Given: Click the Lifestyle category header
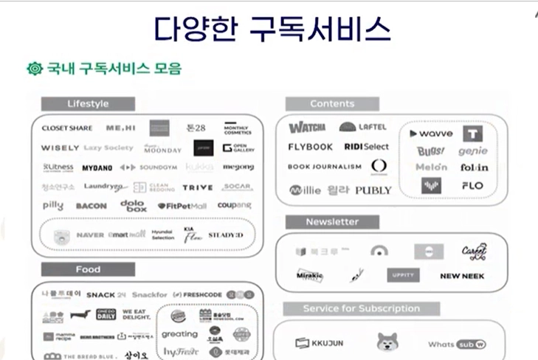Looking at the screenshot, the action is point(88,103).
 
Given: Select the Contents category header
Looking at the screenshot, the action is point(332,103).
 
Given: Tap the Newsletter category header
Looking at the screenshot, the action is point(332,221).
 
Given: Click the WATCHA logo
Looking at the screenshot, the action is point(308,128).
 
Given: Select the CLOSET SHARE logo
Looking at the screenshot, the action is point(66,128).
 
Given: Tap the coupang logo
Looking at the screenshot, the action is point(235,205).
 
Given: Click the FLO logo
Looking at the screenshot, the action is point(472,185).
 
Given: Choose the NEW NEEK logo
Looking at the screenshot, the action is point(462,276).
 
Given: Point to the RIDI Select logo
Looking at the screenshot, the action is point(366,147).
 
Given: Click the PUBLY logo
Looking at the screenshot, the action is point(373,190).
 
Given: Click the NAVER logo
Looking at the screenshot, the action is point(90,235).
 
